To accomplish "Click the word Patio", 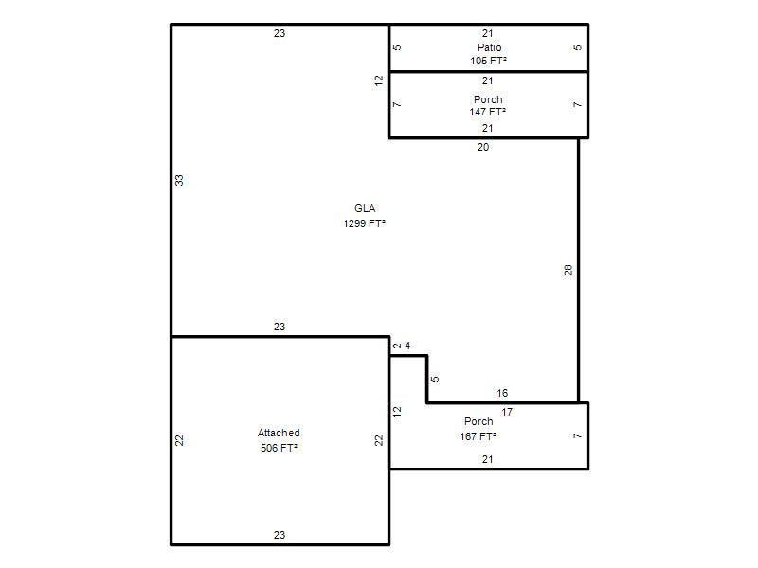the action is (x=489, y=47).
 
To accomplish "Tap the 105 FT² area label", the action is (x=488, y=61).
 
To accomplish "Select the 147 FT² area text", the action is (x=487, y=112).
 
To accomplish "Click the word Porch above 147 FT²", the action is (x=488, y=99).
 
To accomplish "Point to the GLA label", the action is (x=365, y=208).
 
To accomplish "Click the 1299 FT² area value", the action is (x=364, y=223).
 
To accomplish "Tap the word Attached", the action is (x=279, y=433).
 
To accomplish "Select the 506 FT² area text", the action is (x=279, y=448).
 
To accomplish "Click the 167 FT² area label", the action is (x=478, y=436).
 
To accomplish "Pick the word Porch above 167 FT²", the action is (x=478, y=421).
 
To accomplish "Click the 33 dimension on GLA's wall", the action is (x=179, y=180).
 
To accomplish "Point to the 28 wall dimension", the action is (x=568, y=270).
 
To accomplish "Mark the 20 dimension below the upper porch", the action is (x=483, y=147).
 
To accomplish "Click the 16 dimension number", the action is (x=502, y=393).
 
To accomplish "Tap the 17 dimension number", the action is (x=507, y=412).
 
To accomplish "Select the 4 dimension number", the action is (x=407, y=346).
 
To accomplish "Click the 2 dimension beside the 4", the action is (x=397, y=346).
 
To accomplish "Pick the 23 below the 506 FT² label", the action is (x=280, y=535).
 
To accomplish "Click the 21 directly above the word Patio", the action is (x=487, y=33).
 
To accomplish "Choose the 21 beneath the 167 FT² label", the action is (x=487, y=459).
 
